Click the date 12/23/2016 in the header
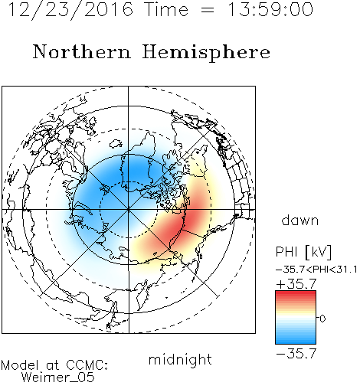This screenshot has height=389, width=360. (70, 10)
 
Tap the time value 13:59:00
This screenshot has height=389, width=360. (270, 9)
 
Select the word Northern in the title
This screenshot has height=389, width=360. (82, 51)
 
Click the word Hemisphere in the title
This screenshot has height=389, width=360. (206, 53)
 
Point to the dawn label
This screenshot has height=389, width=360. (300, 220)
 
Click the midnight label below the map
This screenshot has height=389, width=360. (180, 359)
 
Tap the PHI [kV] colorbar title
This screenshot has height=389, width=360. (303, 252)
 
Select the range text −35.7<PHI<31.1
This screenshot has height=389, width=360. (316, 270)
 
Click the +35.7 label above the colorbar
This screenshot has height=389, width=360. (296, 284)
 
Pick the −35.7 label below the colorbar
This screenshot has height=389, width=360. (296, 354)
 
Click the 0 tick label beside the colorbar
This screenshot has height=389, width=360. (322, 319)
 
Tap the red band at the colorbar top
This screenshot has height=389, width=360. (296, 294)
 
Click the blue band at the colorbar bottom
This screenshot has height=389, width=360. (296, 341)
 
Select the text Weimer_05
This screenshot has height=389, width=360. (58, 378)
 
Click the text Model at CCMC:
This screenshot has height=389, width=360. (54, 365)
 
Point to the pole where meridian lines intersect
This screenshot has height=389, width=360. (129, 210)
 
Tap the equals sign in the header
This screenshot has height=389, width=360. (208, 10)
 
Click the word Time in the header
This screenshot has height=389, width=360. (166, 9)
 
